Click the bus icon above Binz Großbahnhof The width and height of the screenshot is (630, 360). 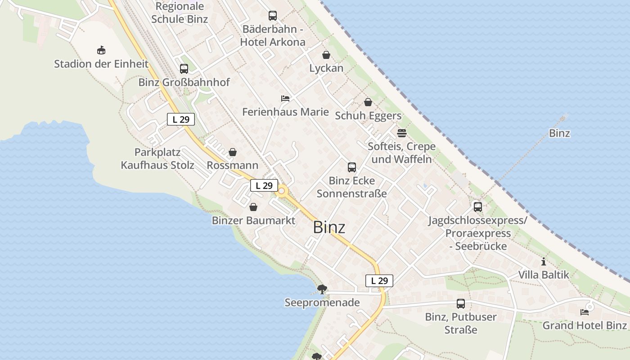point(184,69)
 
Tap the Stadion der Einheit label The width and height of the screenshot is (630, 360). point(101,64)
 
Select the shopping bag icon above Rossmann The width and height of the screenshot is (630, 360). point(233,152)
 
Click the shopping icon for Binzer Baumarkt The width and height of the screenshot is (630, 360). point(253,207)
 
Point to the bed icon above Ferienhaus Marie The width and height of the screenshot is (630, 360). point(285,99)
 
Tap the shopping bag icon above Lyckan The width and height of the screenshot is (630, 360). point(326,55)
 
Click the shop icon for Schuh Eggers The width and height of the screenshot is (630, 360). point(368,102)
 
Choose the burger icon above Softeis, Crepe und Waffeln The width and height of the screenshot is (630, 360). point(401,133)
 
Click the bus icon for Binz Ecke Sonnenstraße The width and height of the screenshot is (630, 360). point(352,167)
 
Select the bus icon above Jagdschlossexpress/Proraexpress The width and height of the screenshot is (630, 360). point(477,207)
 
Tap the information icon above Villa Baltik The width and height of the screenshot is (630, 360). point(544,261)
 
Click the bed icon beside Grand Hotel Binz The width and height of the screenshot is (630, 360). point(585,312)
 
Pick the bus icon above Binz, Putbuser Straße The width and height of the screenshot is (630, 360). point(461,304)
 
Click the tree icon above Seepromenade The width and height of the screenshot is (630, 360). point(322,289)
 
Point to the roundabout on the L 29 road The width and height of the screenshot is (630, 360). point(282,191)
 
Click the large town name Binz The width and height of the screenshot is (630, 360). point(329,227)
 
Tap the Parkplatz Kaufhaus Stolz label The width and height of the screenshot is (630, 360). point(157,158)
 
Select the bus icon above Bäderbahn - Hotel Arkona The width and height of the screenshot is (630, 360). point(273,16)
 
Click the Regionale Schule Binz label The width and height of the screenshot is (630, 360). point(180,13)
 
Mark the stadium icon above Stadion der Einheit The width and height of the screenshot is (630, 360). point(101,50)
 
